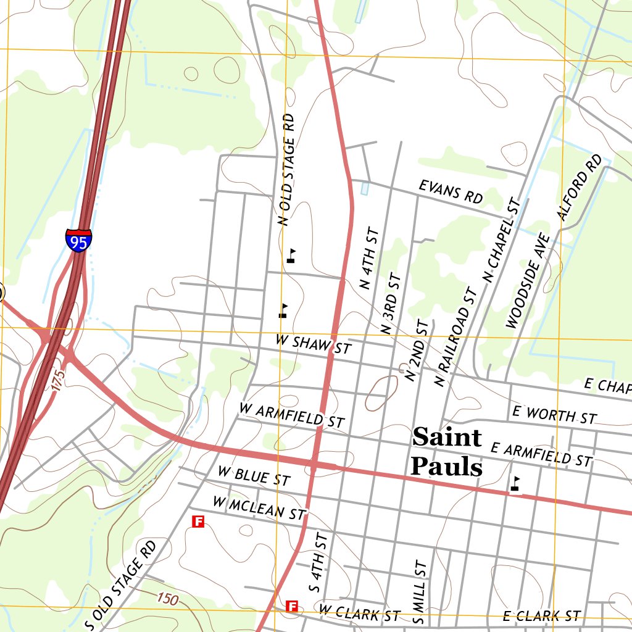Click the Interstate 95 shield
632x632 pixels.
tap(79, 239)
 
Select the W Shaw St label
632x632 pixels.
tap(313, 344)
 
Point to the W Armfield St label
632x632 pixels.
tap(291, 415)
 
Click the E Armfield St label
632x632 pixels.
tap(541, 454)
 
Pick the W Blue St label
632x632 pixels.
tap(254, 475)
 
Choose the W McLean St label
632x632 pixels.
tap(259, 507)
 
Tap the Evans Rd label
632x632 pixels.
tap(451, 192)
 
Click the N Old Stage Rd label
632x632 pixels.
tap(286, 169)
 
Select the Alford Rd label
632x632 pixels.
tap(579, 187)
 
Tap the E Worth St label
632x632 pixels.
tap(554, 415)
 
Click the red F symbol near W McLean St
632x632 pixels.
tap(198, 522)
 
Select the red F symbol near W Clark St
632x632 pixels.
tap(292, 606)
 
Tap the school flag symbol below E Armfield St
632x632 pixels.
tap(515, 484)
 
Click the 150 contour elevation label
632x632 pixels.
tap(168, 598)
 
